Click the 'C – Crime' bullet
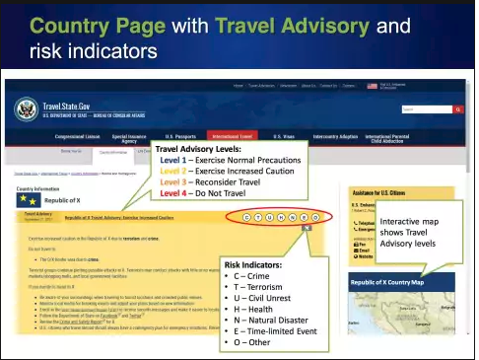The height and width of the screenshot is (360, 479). point(255,277)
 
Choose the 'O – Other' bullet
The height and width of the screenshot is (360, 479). point(256,345)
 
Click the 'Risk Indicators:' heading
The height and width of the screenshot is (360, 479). point(256,264)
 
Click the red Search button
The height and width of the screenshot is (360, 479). point(455,109)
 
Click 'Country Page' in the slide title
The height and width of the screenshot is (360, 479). point(97,22)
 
